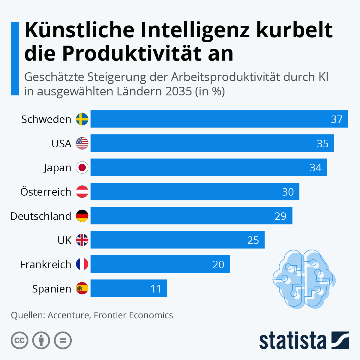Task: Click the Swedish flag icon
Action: click(82, 119)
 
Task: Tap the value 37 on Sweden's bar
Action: click(337, 119)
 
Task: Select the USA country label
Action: click(61, 144)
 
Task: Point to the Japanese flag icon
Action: click(82, 167)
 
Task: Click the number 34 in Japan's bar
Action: click(315, 168)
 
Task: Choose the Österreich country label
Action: click(46, 192)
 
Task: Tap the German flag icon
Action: click(82, 216)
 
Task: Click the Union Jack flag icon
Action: click(82, 240)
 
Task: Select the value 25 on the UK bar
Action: click(253, 240)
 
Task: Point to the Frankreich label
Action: click(46, 265)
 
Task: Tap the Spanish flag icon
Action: click(82, 288)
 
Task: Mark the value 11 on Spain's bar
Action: click(156, 289)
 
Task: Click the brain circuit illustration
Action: click(304, 279)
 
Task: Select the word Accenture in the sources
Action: click(68, 315)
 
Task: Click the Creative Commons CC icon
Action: click(19, 340)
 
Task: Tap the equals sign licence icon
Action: click(63, 340)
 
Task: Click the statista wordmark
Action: click(292, 340)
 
